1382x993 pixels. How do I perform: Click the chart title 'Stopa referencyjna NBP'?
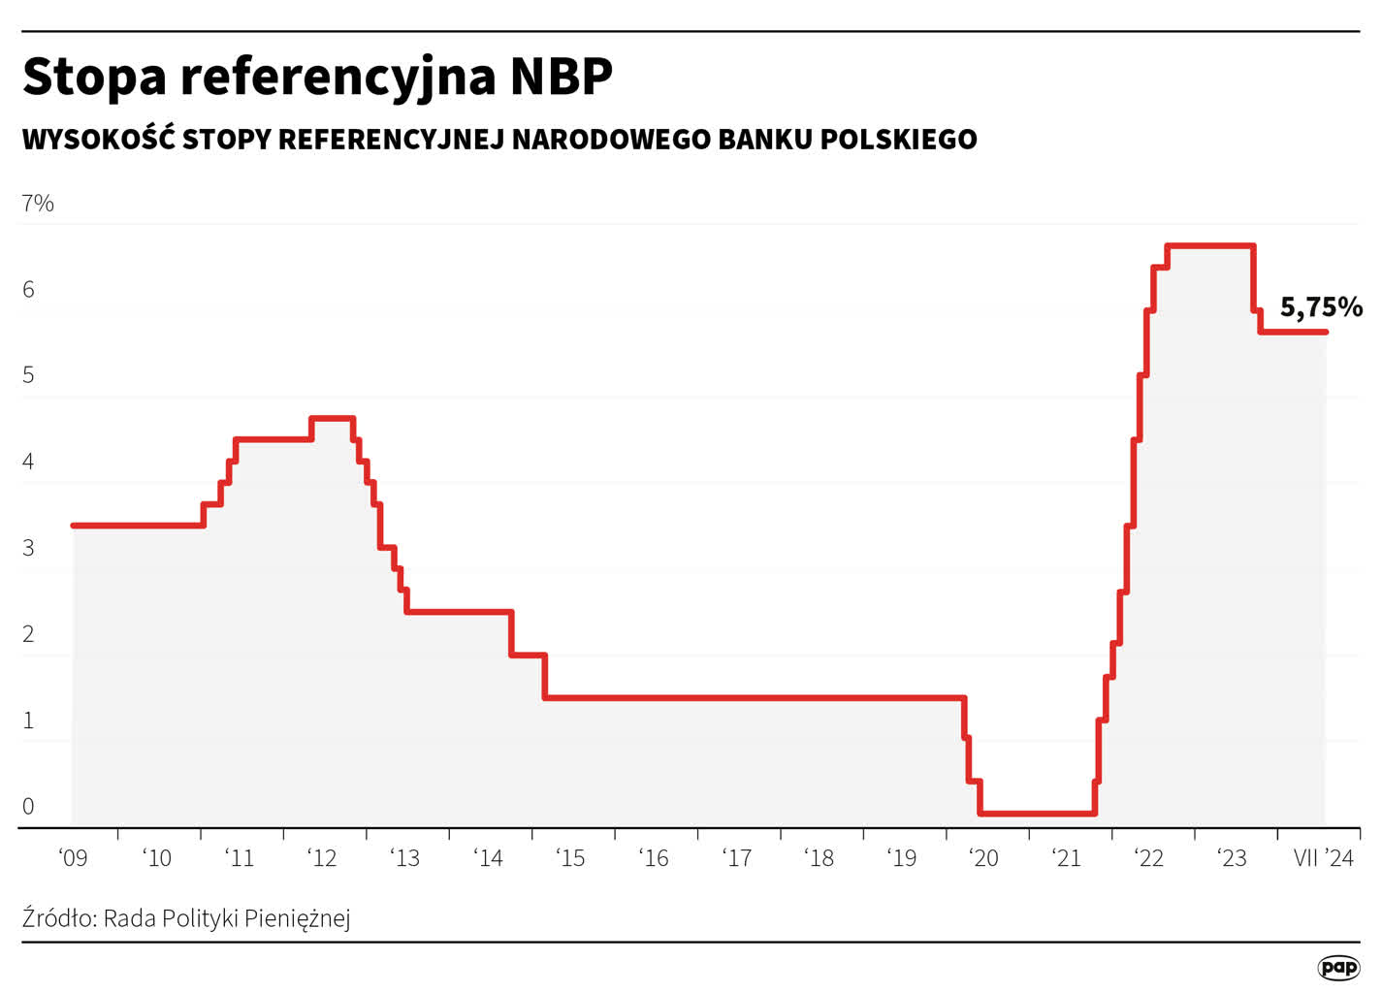click(317, 77)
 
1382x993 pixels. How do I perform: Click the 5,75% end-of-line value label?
click(1321, 307)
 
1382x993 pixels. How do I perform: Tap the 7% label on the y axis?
click(38, 203)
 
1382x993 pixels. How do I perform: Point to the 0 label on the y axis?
click(28, 806)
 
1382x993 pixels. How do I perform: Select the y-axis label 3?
click(28, 548)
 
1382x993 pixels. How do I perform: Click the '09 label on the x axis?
click(73, 858)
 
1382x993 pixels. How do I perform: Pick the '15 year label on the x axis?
click(570, 858)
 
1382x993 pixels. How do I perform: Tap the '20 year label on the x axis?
click(983, 858)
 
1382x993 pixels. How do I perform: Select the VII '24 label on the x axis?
click(1324, 858)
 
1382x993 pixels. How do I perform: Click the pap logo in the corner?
click(1339, 967)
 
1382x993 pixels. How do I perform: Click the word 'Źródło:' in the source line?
click(59, 918)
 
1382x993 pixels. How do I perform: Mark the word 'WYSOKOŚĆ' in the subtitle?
click(98, 140)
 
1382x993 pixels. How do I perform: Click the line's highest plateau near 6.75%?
click(1210, 245)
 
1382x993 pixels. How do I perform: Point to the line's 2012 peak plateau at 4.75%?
click(333, 418)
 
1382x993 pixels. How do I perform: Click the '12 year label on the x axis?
click(322, 858)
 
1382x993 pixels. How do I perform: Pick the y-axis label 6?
click(28, 289)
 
